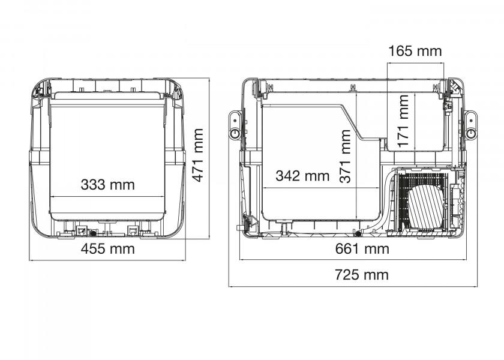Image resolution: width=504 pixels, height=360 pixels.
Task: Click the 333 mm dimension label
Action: pyautogui.click(x=107, y=185)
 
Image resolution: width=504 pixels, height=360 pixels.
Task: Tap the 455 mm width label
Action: pyautogui.click(x=107, y=249)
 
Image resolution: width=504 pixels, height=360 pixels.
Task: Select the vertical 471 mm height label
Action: pyautogui.click(x=197, y=155)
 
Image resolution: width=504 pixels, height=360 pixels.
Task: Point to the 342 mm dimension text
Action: pyautogui.click(x=303, y=176)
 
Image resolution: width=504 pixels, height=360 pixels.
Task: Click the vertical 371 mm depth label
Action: pyautogui.click(x=345, y=156)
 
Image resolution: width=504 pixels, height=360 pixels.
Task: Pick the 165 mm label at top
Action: pyautogui.click(x=415, y=51)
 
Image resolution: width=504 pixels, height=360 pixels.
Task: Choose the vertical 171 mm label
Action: pyautogui.click(x=403, y=121)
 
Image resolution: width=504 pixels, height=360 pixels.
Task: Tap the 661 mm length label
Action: pyautogui.click(x=362, y=249)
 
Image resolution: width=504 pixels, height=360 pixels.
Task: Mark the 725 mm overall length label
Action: pyautogui.click(x=362, y=275)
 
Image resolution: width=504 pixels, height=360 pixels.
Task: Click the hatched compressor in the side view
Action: pyautogui.click(x=426, y=207)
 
